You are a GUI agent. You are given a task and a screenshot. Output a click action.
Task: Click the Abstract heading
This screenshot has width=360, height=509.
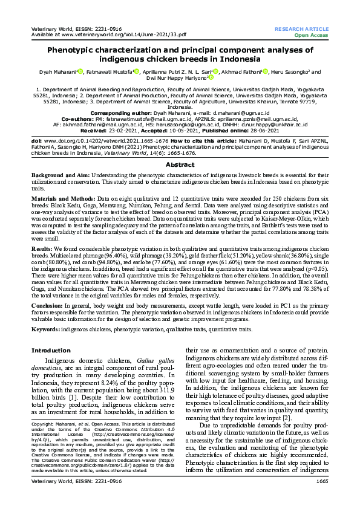(180, 164)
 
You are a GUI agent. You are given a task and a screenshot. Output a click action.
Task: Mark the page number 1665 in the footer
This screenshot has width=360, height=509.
(321, 497)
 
